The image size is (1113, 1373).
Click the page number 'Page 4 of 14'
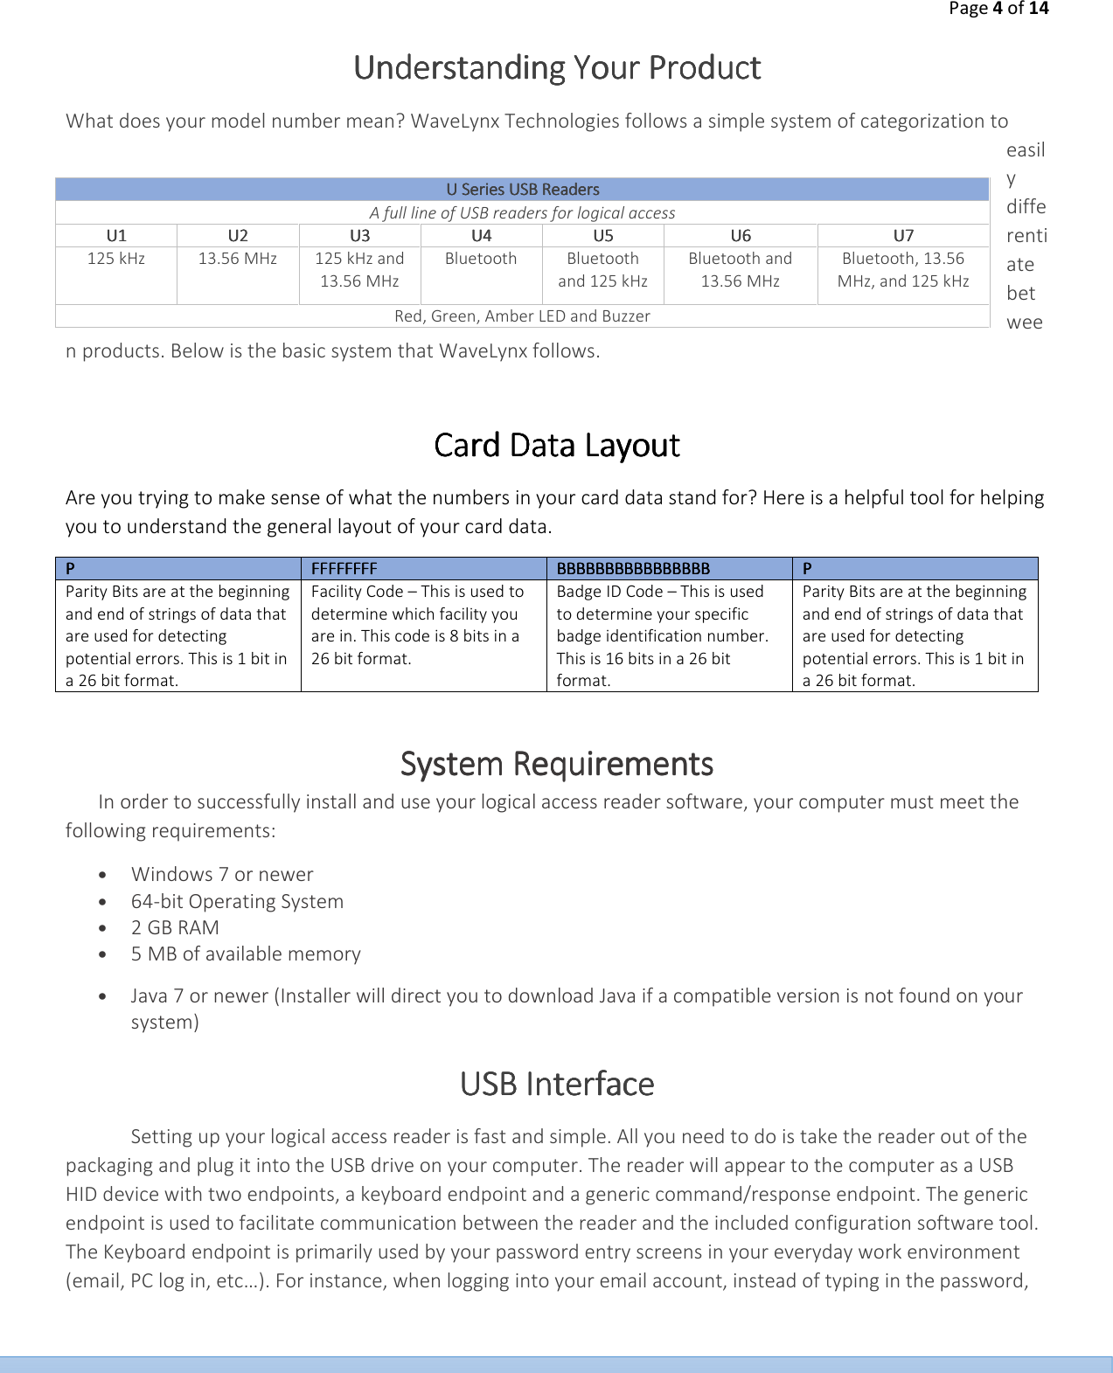998,9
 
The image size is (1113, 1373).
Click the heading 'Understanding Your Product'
557,68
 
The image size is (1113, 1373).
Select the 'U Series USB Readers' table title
522,190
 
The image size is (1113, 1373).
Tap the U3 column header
359,236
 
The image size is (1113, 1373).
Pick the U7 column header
903,236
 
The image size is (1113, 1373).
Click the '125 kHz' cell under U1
116,259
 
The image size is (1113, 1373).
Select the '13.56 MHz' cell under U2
237,259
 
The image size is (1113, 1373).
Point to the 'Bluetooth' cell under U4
481,259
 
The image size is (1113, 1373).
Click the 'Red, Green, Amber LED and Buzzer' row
522,316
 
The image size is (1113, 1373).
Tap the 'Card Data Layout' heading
557,446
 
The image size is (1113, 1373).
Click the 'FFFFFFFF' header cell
344,569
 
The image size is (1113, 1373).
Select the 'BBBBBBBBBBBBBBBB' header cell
633,569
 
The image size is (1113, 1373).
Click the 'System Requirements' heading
557,765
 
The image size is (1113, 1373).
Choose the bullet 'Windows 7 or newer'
222,875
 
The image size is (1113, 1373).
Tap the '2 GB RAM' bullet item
175,928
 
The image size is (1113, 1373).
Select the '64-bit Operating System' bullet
237,902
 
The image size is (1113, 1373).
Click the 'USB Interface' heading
557,1085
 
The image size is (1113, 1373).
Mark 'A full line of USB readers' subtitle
522,213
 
